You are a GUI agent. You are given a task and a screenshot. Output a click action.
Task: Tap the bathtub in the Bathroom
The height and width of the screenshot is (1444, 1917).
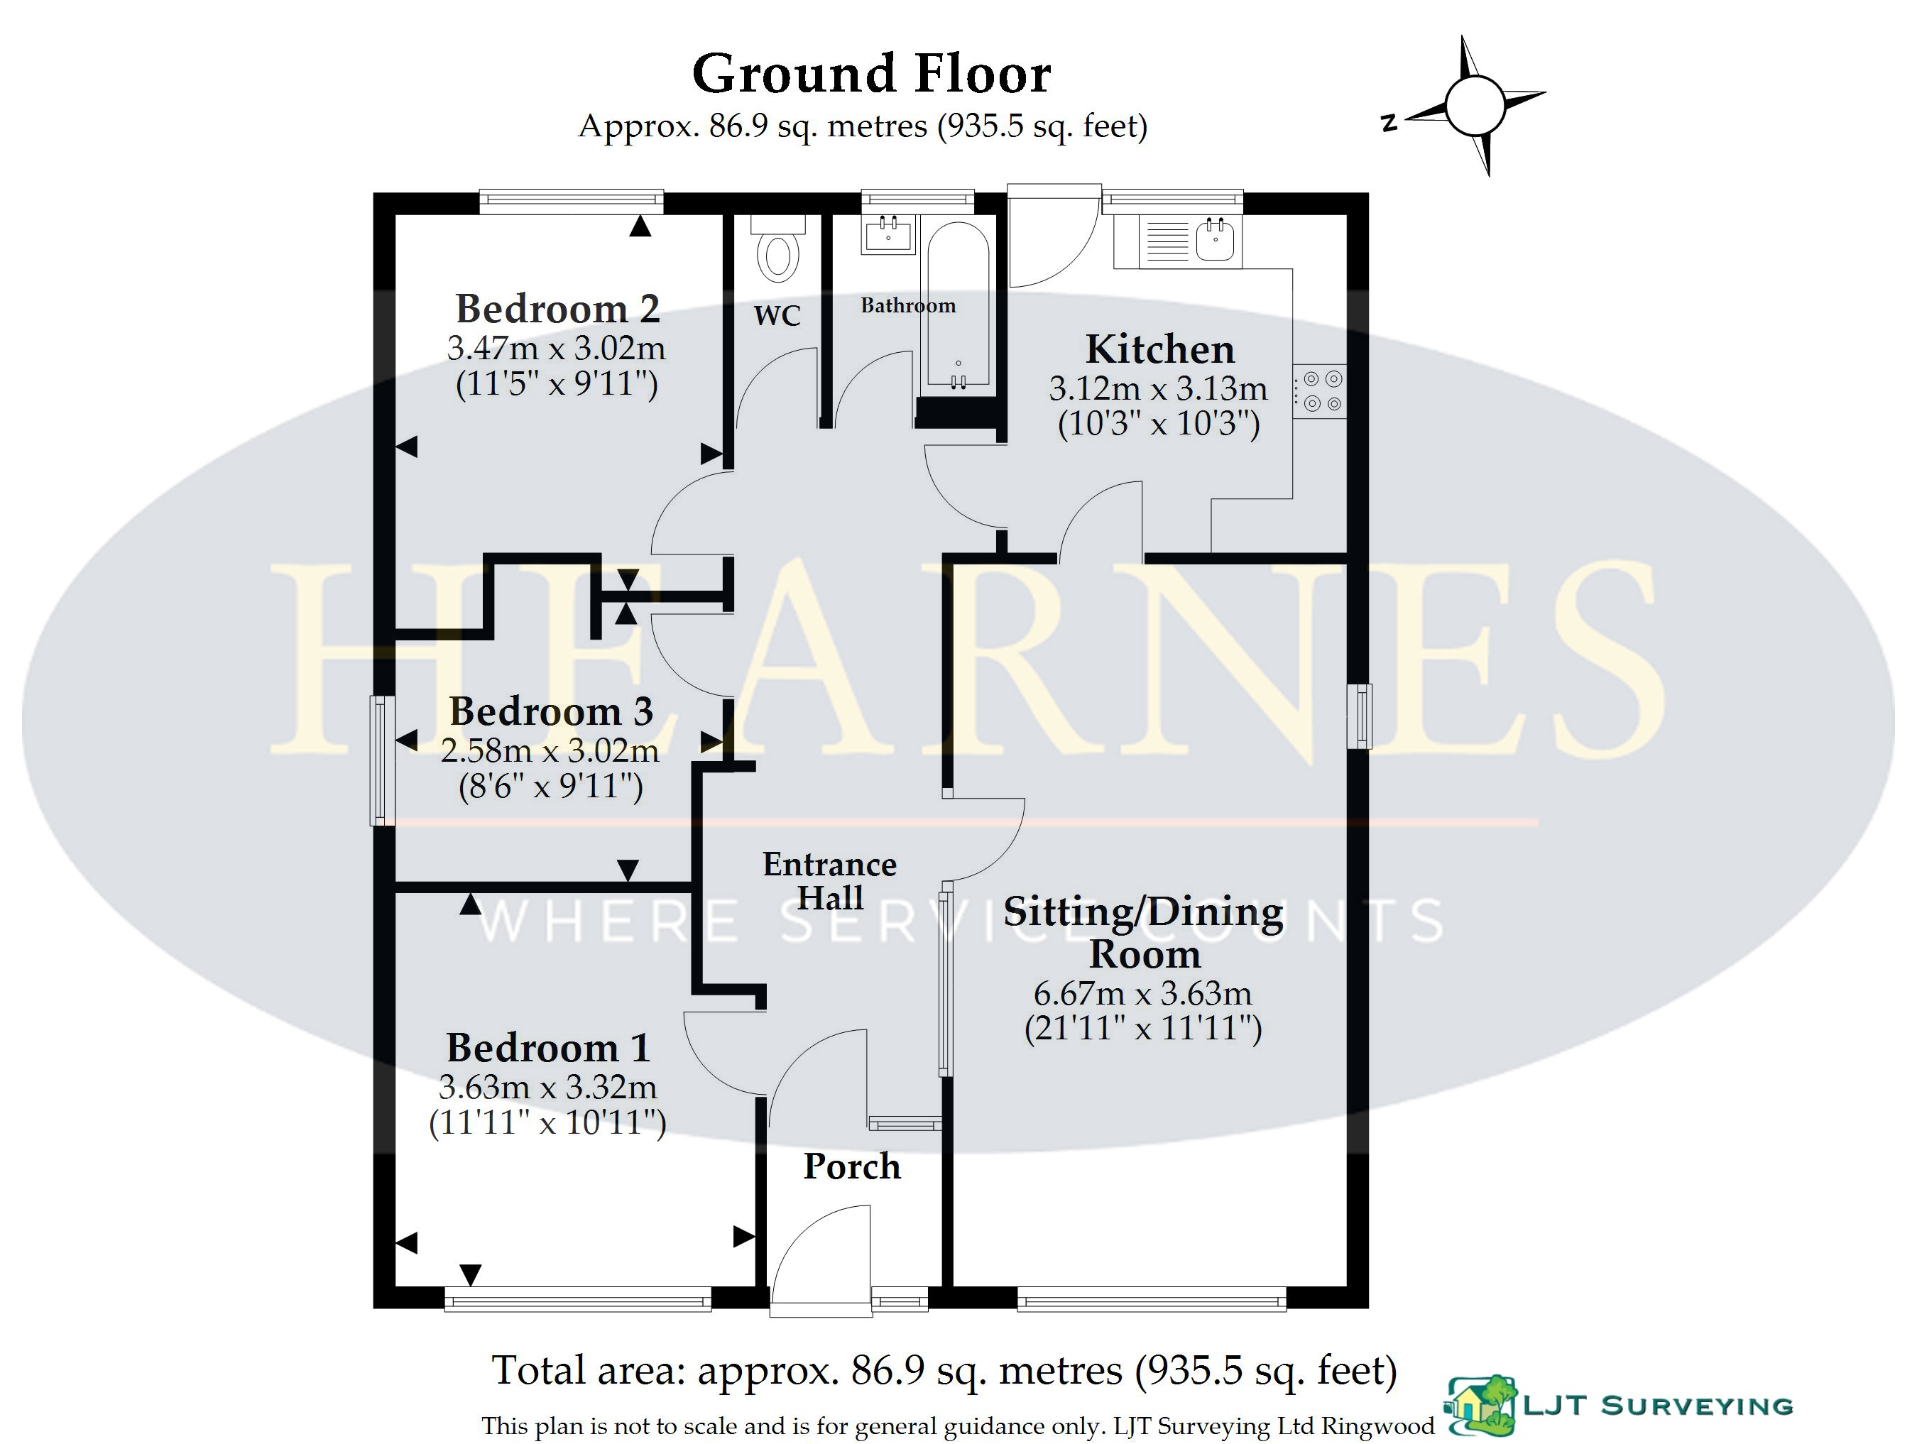pos(958,303)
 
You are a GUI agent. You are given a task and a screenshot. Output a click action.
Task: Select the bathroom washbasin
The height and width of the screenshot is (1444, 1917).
pos(888,234)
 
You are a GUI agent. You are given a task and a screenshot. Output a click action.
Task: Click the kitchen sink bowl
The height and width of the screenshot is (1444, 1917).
pos(1215,239)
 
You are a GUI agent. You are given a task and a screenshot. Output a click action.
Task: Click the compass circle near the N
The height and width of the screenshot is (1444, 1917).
pos(1474,105)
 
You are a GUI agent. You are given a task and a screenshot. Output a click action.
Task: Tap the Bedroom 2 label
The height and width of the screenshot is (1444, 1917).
pos(557,309)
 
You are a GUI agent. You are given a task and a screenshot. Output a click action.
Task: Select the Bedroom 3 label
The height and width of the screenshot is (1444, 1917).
pos(550,711)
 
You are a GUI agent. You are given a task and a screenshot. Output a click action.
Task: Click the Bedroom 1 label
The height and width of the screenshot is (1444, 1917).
pos(547,1048)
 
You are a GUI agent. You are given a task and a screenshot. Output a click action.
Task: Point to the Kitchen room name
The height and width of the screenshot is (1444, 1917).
pos(1159,349)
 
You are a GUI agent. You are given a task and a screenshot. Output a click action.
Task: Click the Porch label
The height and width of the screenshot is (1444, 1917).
pos(852,1166)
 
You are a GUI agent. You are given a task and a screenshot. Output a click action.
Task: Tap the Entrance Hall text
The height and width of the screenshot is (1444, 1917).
pos(829,880)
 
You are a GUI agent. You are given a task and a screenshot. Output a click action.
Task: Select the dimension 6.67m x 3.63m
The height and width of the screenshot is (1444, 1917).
pos(1142,993)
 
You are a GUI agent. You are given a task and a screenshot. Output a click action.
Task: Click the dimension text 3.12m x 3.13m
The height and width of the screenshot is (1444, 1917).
pos(1158,388)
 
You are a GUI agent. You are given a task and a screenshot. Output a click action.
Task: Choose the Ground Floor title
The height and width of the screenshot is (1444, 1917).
pos(871,74)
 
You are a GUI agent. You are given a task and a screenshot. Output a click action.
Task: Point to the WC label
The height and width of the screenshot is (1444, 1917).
pos(777,315)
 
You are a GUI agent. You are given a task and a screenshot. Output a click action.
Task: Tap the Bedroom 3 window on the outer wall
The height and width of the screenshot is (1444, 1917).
pos(382,760)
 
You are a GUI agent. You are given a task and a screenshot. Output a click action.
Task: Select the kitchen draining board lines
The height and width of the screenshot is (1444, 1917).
pos(1167,241)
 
